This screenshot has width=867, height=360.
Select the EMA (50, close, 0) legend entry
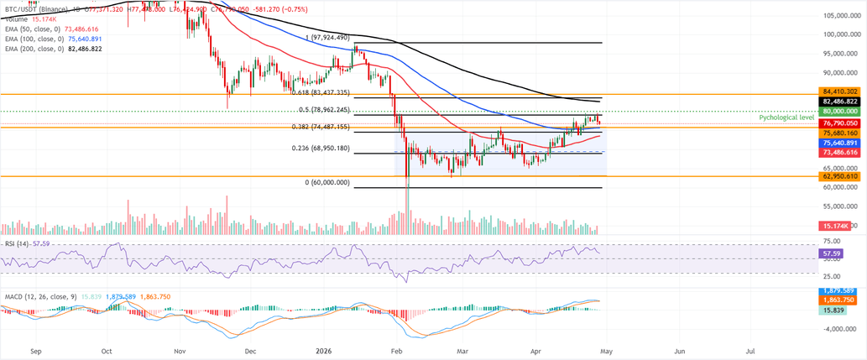tap(32, 28)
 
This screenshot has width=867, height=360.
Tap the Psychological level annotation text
tap(786, 118)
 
